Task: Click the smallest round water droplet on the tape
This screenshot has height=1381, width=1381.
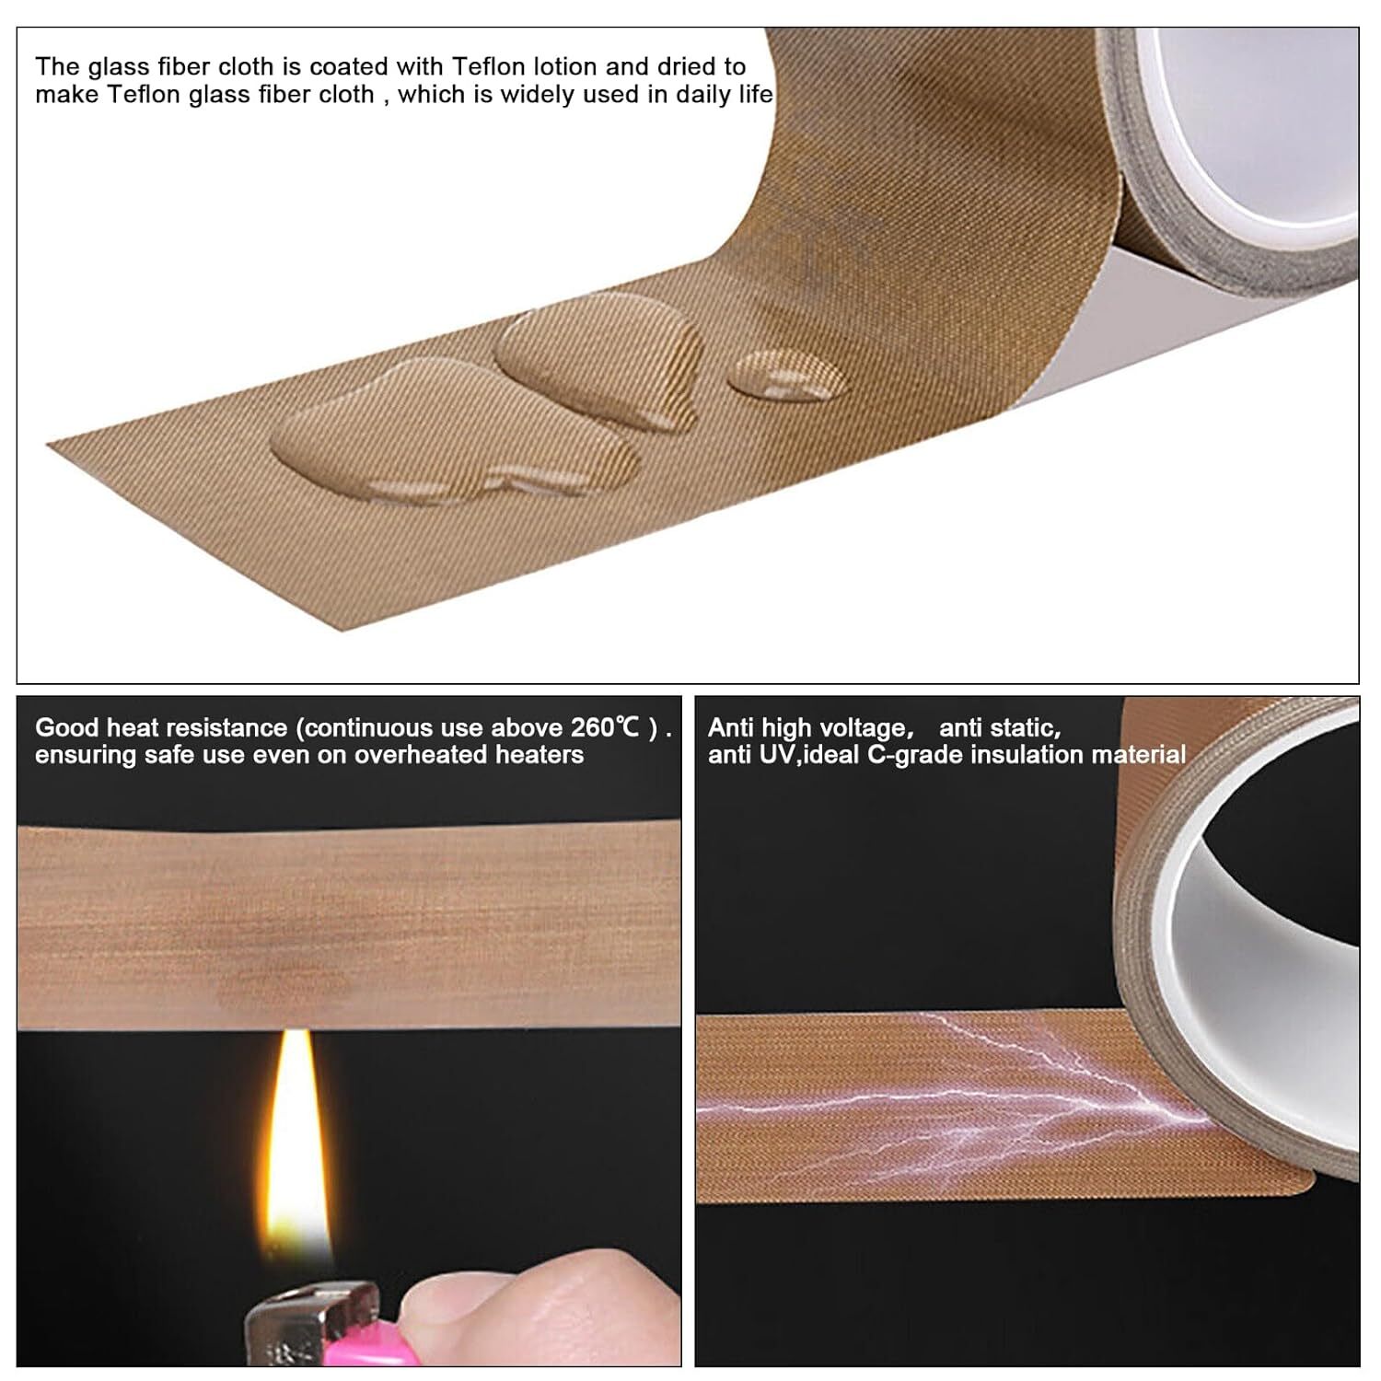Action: click(785, 375)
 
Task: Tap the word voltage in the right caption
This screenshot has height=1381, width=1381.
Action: click(865, 729)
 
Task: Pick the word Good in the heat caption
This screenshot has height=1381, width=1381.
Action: click(67, 727)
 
